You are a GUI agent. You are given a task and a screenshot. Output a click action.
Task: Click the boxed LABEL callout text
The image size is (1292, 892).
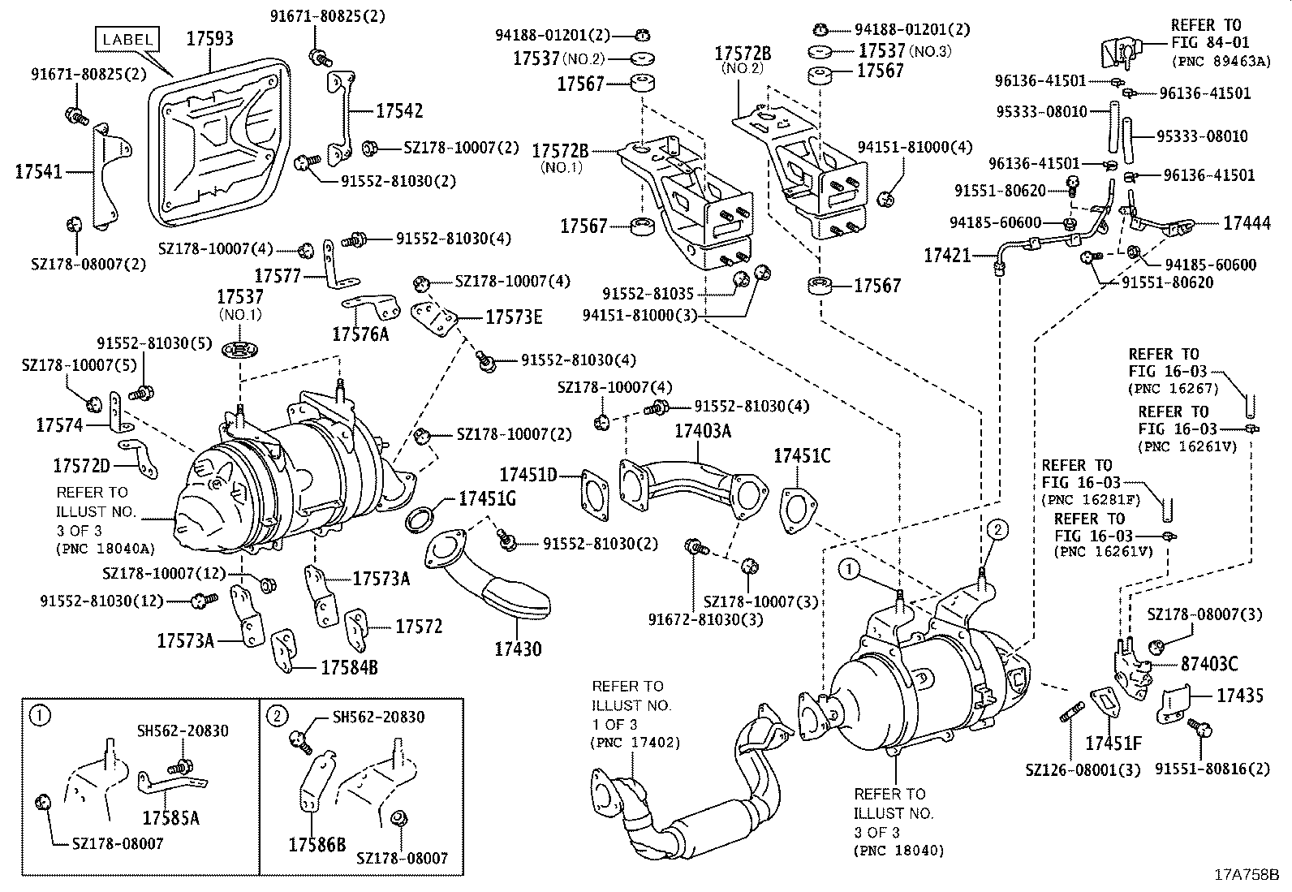pyautogui.click(x=127, y=38)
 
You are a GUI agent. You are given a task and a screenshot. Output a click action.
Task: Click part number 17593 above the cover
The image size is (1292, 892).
pyautogui.click(x=209, y=39)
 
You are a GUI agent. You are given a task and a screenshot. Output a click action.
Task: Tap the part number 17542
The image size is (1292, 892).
pyautogui.click(x=398, y=111)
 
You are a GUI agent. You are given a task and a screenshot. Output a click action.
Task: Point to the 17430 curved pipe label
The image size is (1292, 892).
pyautogui.click(x=518, y=649)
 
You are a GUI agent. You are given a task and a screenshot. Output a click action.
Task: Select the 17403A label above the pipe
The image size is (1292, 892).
pyautogui.click(x=703, y=431)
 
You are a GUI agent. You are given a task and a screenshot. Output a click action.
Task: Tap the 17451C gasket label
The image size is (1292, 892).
pyautogui.click(x=802, y=455)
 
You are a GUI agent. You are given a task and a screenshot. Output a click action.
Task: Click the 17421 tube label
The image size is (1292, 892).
pyautogui.click(x=947, y=256)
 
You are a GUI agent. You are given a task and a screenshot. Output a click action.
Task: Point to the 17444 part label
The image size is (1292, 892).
pyautogui.click(x=1247, y=224)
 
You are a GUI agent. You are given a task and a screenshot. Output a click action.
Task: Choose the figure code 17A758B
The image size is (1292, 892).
pyautogui.click(x=1246, y=875)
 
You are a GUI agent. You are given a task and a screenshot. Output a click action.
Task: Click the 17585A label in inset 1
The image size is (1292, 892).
pyautogui.click(x=170, y=817)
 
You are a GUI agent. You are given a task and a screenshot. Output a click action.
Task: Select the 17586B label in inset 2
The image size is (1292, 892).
pyautogui.click(x=317, y=844)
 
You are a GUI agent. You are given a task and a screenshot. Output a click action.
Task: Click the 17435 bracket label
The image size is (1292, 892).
pyautogui.click(x=1239, y=695)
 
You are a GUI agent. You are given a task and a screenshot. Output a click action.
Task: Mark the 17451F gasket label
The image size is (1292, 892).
pyautogui.click(x=1113, y=743)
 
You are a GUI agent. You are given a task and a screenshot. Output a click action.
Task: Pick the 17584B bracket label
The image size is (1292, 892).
pyautogui.click(x=349, y=667)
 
